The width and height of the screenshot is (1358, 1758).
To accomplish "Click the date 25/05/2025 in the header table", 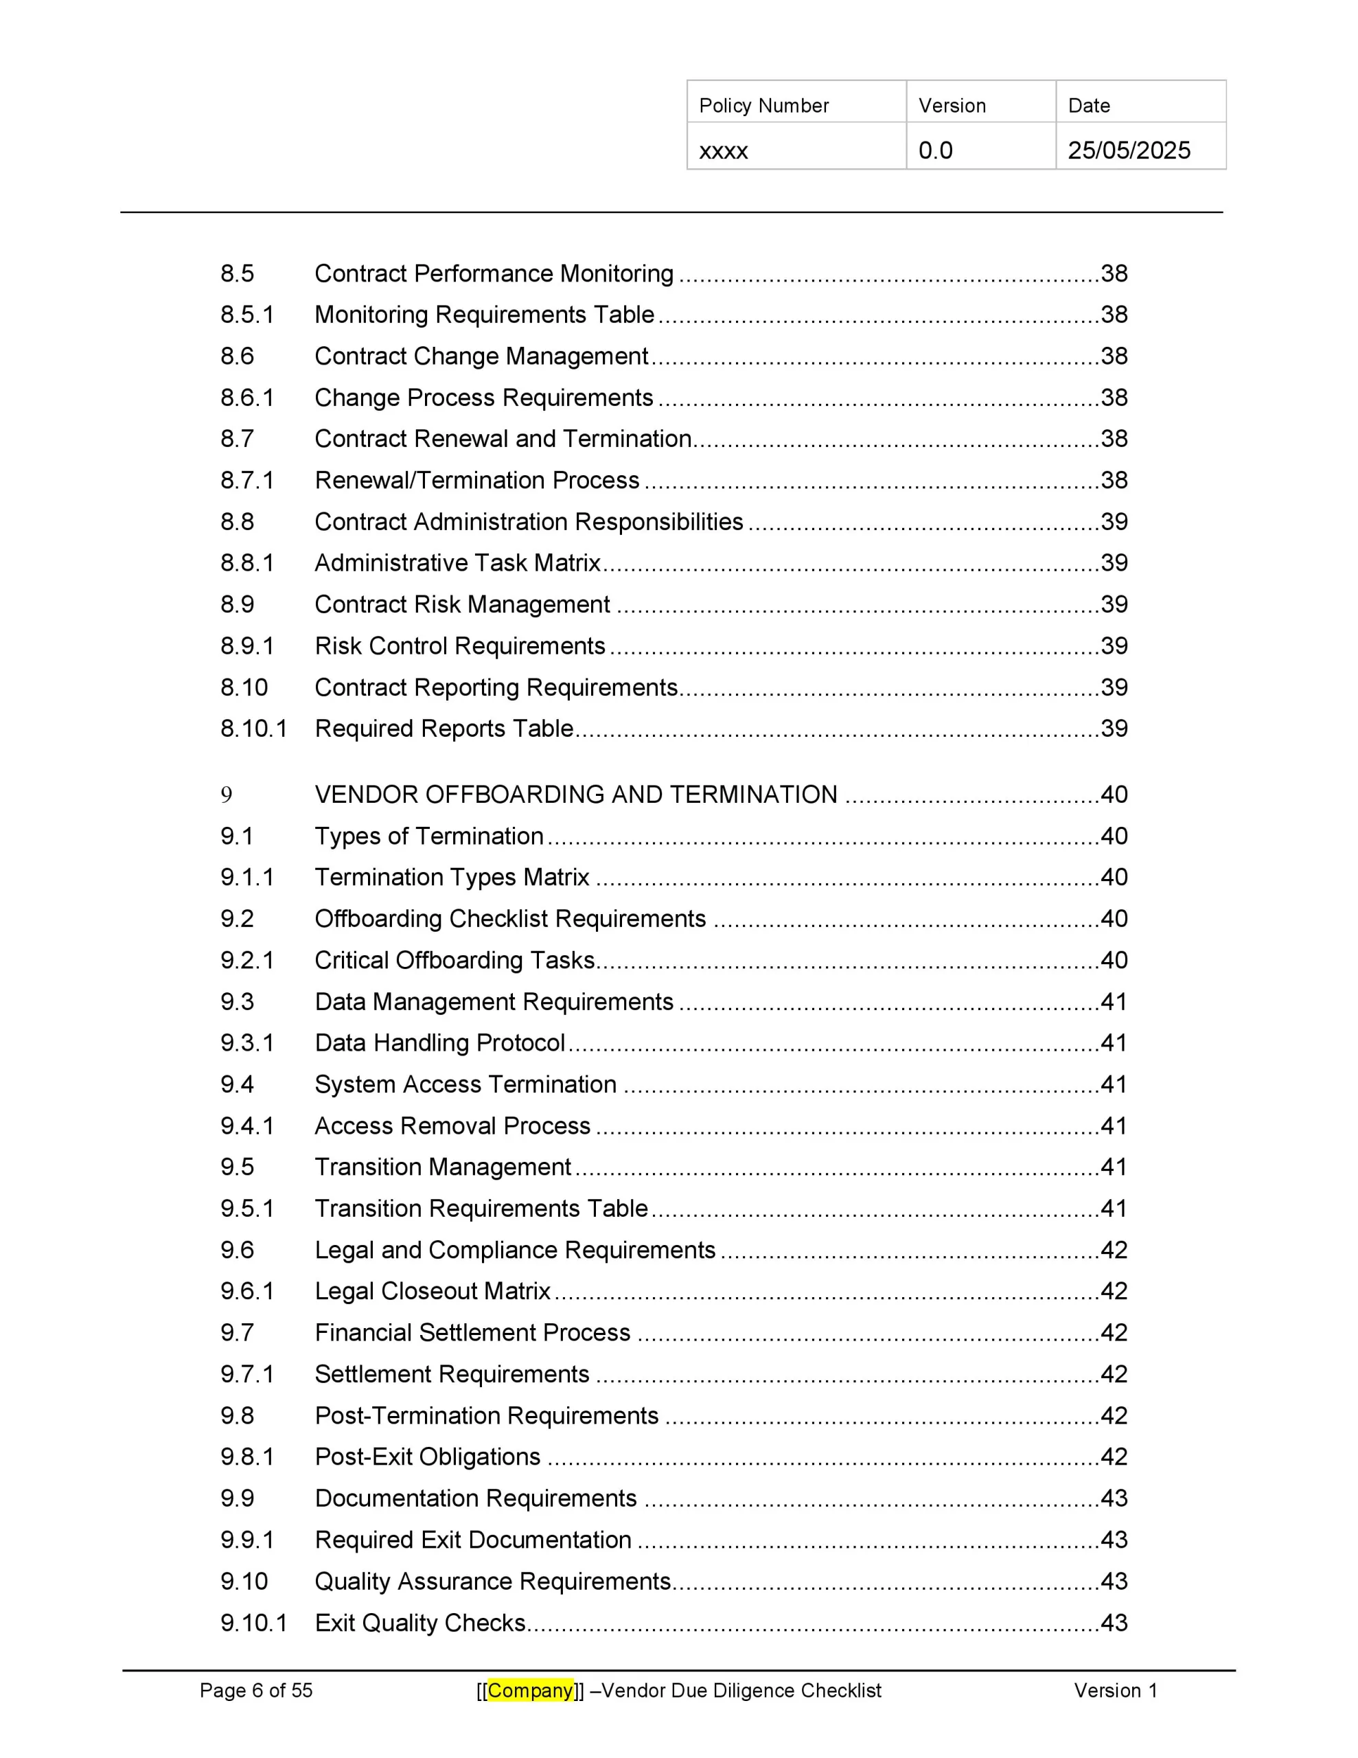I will point(1128,150).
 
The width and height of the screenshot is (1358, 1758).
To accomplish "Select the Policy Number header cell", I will point(763,106).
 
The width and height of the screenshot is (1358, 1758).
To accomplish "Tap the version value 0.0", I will point(934,150).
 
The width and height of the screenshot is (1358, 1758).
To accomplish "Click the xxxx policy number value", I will point(723,150).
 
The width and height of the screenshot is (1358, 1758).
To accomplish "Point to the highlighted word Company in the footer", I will point(530,1689).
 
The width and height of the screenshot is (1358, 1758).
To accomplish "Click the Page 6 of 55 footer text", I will point(256,1689).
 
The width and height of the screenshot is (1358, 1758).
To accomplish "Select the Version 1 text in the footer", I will point(1115,1689).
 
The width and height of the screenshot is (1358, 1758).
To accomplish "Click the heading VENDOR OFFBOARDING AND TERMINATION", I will point(575,795).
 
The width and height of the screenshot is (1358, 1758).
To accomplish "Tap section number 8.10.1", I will point(253,729).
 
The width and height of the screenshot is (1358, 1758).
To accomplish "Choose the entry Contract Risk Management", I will point(462,604).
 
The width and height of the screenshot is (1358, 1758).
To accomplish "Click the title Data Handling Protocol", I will point(439,1042).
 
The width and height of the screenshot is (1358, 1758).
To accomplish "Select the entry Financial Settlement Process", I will point(472,1332).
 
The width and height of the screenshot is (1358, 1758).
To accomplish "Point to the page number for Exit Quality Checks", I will point(1114,1622).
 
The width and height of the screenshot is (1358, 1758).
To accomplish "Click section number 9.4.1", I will point(247,1126).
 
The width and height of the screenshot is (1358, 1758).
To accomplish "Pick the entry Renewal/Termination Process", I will point(476,481).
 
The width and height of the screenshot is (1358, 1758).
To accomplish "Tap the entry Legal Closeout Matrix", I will point(433,1291).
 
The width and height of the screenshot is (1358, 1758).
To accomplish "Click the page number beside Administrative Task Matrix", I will point(1114,562).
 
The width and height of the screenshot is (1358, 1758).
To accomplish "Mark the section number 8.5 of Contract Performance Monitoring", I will point(238,274).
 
